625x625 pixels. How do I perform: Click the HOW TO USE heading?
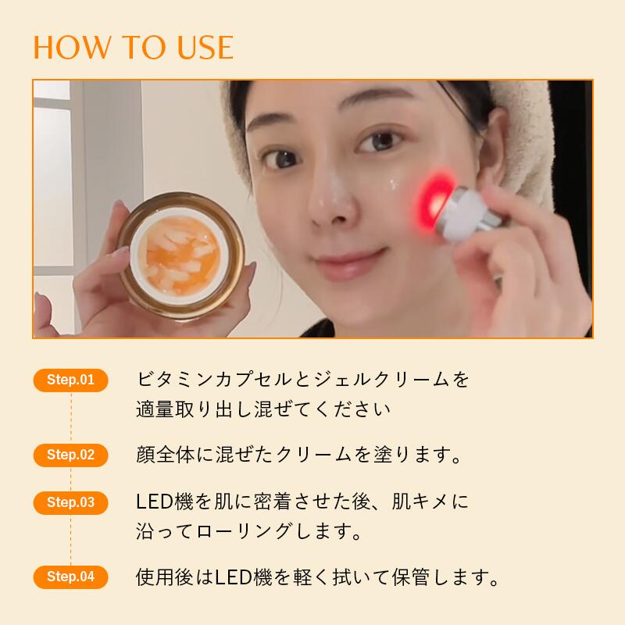coord(133,47)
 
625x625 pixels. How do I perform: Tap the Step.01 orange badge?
coord(70,380)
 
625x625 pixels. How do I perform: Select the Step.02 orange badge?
coord(70,455)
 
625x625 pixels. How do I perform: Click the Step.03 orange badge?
coord(70,502)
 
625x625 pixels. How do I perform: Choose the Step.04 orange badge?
coord(70,577)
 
